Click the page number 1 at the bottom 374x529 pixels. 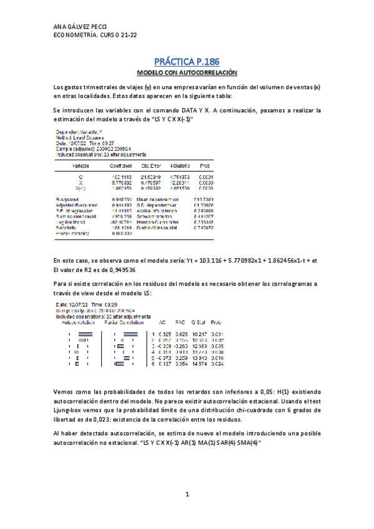point(187,495)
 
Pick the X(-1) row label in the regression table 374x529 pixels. point(80,188)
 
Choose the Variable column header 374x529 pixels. point(80,166)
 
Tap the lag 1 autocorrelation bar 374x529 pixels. point(86,335)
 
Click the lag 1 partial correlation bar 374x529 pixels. point(130,335)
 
